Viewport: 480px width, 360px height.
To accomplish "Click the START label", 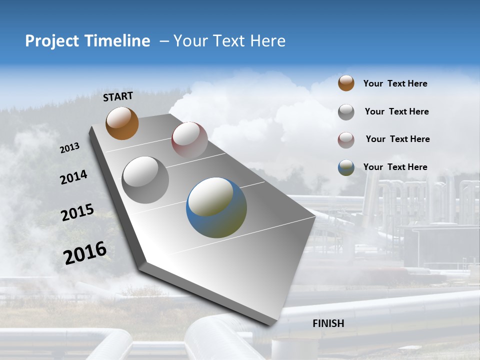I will point(118,96).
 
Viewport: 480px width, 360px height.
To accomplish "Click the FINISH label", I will point(328,323).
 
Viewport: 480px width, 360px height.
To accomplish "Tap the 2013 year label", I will point(69,148).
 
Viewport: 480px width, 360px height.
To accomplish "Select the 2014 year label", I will point(73,177).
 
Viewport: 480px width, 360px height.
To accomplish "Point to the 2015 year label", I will point(77,212).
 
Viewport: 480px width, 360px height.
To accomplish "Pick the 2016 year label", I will point(85,253).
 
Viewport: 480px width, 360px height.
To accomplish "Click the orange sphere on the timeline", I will point(122,123).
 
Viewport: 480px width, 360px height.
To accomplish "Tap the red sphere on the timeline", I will point(189,139).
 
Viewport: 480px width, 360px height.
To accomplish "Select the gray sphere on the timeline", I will point(145,180).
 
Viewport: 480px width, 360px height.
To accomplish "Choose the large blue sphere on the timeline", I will point(216,207).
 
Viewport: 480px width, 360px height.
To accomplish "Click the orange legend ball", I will point(346,83).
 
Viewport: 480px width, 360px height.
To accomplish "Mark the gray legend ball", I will point(346,112).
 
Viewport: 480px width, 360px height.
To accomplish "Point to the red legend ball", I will point(346,140).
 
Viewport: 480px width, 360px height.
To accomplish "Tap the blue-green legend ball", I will point(346,167).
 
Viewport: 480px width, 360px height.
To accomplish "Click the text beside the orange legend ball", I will point(395,84).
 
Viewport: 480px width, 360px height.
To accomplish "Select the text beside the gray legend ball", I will point(396,111).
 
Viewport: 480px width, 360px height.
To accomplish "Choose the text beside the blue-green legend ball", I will point(395,167).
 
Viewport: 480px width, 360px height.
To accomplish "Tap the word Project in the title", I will point(52,41).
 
